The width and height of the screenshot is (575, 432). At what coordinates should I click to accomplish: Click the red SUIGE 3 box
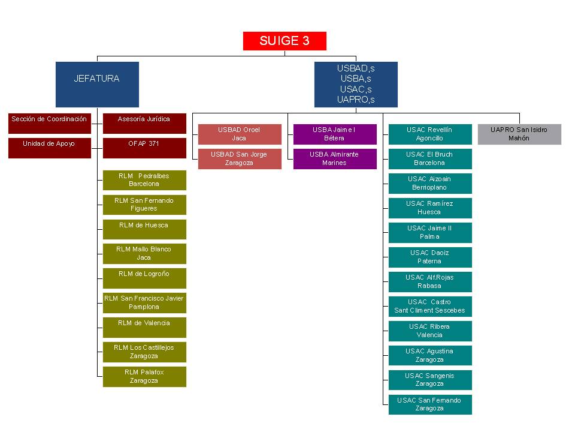[x=285, y=41]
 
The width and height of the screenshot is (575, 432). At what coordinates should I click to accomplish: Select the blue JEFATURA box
[x=97, y=84]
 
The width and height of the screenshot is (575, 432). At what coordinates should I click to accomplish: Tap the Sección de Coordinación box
[x=49, y=123]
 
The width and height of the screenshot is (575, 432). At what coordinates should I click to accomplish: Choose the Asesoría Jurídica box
[x=144, y=123]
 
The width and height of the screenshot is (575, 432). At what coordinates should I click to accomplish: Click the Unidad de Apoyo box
[x=49, y=148]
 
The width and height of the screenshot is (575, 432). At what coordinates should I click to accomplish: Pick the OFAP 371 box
[x=144, y=148]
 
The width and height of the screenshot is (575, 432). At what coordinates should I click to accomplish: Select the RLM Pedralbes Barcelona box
[x=144, y=180]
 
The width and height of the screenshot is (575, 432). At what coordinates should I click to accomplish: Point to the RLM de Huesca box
[x=144, y=229]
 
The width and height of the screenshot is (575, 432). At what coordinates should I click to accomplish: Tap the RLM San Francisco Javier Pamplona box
[x=144, y=303]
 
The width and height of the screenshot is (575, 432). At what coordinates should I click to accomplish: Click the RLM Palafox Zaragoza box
[x=144, y=376]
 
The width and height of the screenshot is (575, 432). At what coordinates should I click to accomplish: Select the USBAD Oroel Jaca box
[x=240, y=134]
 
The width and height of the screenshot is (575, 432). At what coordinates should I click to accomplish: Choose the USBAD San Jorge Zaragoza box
[x=240, y=158]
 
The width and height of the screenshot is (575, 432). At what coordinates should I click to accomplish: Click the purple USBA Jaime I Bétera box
[x=335, y=134]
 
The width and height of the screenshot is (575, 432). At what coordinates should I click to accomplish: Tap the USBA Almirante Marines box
[x=335, y=158]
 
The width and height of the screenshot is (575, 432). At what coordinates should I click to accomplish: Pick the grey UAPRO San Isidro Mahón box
[x=519, y=134]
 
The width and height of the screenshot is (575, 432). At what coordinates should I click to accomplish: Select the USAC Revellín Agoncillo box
[x=430, y=134]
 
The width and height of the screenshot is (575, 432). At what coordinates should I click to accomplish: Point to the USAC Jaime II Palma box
[x=430, y=232]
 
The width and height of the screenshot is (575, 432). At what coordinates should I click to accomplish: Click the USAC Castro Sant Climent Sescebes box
[x=430, y=306]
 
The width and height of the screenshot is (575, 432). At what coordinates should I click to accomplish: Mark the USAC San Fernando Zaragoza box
[x=430, y=404]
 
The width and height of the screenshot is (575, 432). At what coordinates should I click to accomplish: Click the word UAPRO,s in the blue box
[x=356, y=100]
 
